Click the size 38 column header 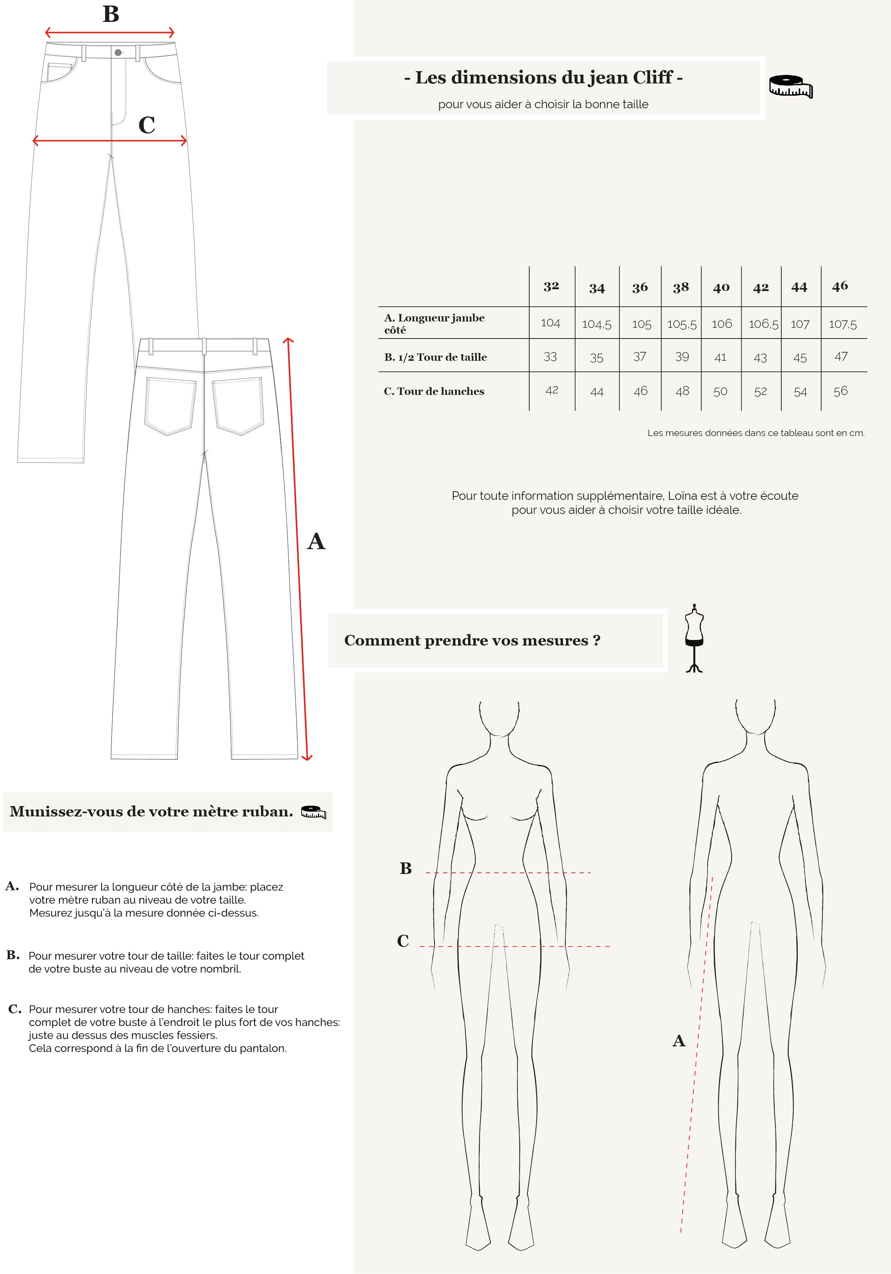681,287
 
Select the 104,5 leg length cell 596,324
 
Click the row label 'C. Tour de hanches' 434,391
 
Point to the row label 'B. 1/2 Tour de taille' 435,357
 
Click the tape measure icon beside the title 791,86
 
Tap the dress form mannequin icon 694,638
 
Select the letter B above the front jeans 111,14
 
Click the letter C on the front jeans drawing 146,125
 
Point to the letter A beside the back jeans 316,541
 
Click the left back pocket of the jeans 170,406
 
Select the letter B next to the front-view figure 405,868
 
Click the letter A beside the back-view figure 679,1041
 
